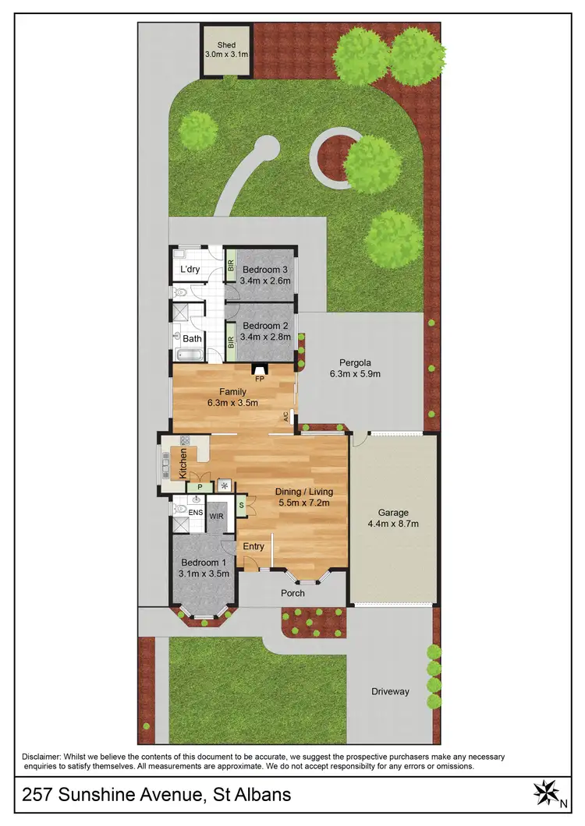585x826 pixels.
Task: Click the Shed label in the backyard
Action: coord(226,45)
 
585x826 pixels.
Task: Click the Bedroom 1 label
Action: coord(204,563)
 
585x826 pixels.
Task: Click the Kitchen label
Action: coord(183,463)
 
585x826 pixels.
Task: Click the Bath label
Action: coord(192,339)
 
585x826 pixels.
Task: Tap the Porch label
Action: coord(293,593)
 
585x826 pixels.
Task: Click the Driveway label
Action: coord(390,691)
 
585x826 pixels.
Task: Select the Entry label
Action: coord(253,546)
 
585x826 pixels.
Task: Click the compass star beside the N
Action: coord(544,792)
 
